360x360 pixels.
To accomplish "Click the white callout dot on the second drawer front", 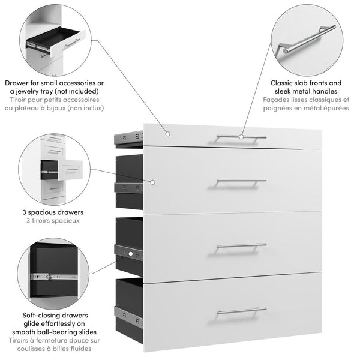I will click(154, 181).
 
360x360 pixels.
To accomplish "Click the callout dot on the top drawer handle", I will click(241, 137).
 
